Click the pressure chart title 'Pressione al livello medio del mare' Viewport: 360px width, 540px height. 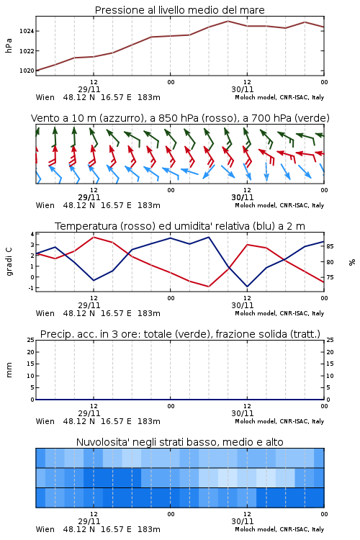pos(179,10)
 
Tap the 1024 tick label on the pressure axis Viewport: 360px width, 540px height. pos(27,31)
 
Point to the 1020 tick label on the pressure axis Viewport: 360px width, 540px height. pos(27,71)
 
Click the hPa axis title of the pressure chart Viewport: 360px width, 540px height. pos(9,46)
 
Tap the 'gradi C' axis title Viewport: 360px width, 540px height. pos(9,262)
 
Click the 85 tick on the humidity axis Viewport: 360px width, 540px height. pos(330,246)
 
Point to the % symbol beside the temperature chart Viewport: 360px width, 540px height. pos(352,262)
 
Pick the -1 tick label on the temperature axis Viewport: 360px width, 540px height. pos(31,288)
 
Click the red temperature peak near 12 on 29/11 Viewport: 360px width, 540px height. pos(94,238)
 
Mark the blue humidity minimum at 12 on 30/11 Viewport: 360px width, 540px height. pos(247,287)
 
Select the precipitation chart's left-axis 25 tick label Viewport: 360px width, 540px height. pos(31,340)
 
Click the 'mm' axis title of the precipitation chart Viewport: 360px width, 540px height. pos(9,370)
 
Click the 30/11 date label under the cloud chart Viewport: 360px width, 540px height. pos(243,521)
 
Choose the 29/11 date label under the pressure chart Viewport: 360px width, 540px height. pos(89,89)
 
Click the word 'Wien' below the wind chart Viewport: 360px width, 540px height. pos(45,206)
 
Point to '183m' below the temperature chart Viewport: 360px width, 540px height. pos(149,313)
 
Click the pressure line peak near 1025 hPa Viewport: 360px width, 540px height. pos(228,21)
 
